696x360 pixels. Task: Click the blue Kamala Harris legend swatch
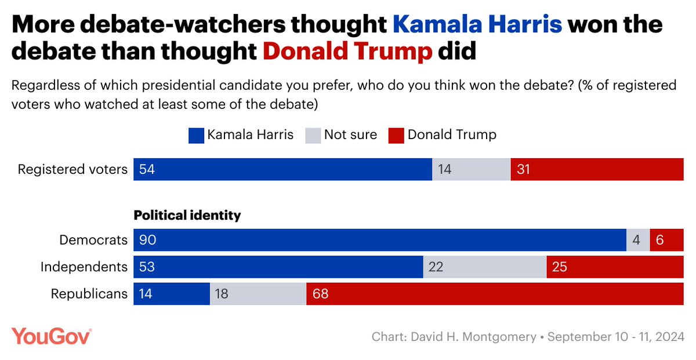(196, 135)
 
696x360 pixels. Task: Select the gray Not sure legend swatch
(313, 135)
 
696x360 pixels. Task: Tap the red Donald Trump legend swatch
(396, 135)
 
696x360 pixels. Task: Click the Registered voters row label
(72, 169)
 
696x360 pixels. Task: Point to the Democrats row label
(93, 240)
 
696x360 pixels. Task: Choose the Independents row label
(84, 267)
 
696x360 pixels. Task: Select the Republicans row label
(89, 294)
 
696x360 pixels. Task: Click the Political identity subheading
(187, 215)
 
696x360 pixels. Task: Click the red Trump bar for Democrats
(667, 240)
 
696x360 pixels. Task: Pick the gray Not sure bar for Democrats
(638, 240)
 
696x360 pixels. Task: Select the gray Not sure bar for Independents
(485, 267)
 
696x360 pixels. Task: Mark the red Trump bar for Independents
(615, 267)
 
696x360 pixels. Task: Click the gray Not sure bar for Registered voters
(472, 169)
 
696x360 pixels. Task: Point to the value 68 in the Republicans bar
(320, 294)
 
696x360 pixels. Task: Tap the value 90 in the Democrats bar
(147, 240)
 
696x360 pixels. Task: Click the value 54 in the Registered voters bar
(147, 169)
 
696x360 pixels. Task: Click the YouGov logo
(52, 336)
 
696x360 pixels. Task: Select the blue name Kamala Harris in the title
(477, 26)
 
